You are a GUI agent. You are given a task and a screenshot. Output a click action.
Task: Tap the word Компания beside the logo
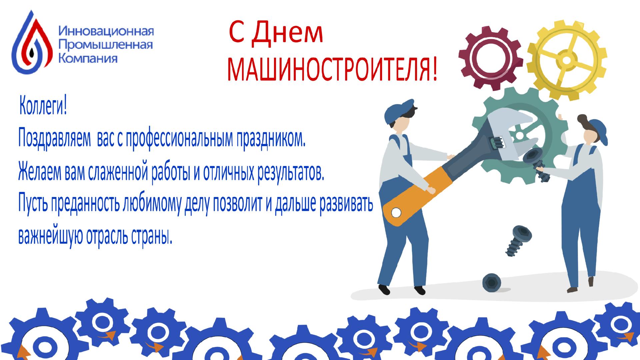tap(88, 58)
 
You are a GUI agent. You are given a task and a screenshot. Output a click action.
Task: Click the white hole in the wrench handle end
tap(395, 212)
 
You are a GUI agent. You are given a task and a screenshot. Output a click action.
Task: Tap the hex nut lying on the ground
tap(492, 282)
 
